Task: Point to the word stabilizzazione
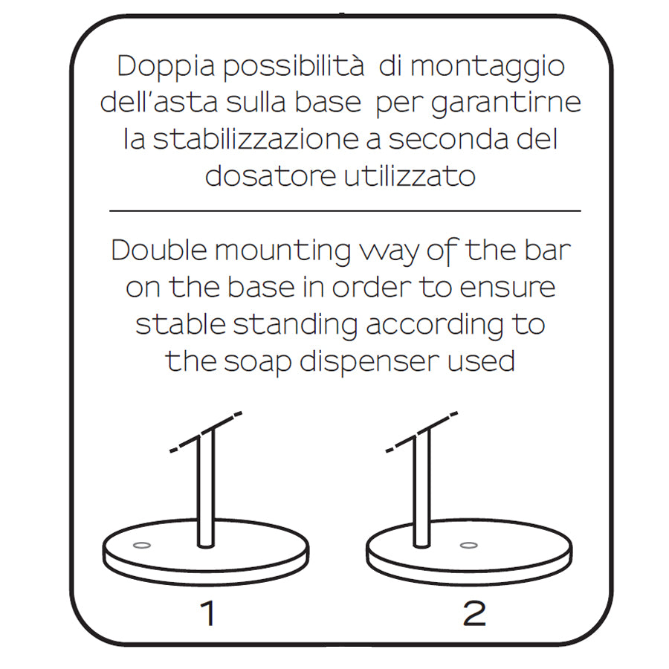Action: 256,139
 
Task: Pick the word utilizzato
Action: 410,175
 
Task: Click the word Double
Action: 160,250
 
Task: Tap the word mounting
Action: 282,253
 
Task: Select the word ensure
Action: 508,288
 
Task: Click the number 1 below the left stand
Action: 208,613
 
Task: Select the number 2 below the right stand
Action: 474,613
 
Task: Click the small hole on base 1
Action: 142,546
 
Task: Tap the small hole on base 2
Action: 469,546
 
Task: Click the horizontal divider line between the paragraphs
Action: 345,211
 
